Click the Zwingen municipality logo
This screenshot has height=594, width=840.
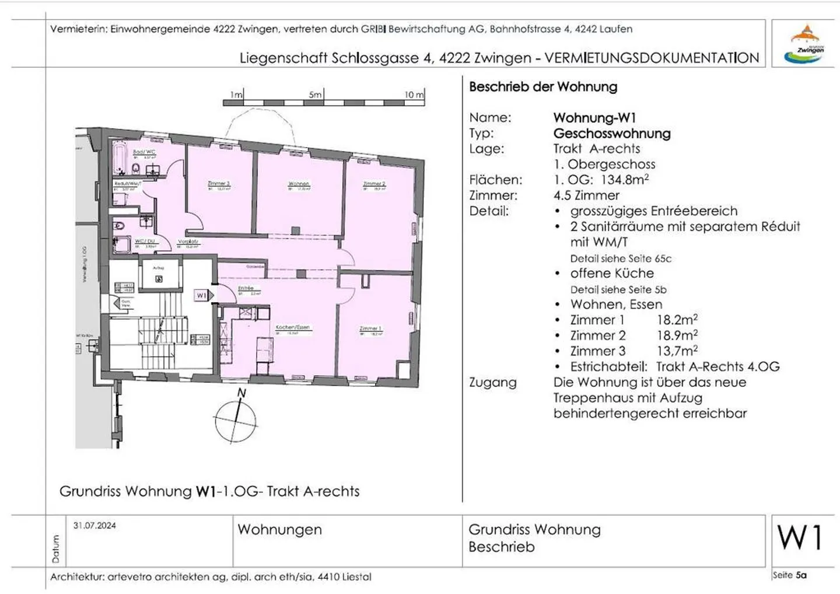pyautogui.click(x=806, y=44)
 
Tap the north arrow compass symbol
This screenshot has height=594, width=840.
pyautogui.click(x=236, y=417)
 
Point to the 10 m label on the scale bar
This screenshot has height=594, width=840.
pyautogui.click(x=414, y=95)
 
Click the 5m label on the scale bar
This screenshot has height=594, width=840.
pyautogui.click(x=315, y=95)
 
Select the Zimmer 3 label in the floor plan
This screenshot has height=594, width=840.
pyautogui.click(x=219, y=184)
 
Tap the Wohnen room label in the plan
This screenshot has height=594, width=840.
pyautogui.click(x=299, y=184)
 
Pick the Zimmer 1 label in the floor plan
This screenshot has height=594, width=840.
pyautogui.click(x=370, y=329)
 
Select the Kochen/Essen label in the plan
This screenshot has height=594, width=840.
pyautogui.click(x=293, y=328)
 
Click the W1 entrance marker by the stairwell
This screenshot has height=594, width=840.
pyautogui.click(x=201, y=296)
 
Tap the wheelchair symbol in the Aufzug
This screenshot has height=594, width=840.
pyautogui.click(x=159, y=279)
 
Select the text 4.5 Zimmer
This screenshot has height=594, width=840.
pyautogui.click(x=586, y=195)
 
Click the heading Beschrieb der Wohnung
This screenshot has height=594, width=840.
pyautogui.click(x=542, y=87)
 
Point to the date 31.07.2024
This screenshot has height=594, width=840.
pyautogui.click(x=94, y=525)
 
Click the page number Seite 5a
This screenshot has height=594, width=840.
pyautogui.click(x=789, y=575)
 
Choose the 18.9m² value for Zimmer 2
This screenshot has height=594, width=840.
pyautogui.click(x=677, y=336)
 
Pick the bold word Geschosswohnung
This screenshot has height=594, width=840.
pyautogui.click(x=612, y=134)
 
